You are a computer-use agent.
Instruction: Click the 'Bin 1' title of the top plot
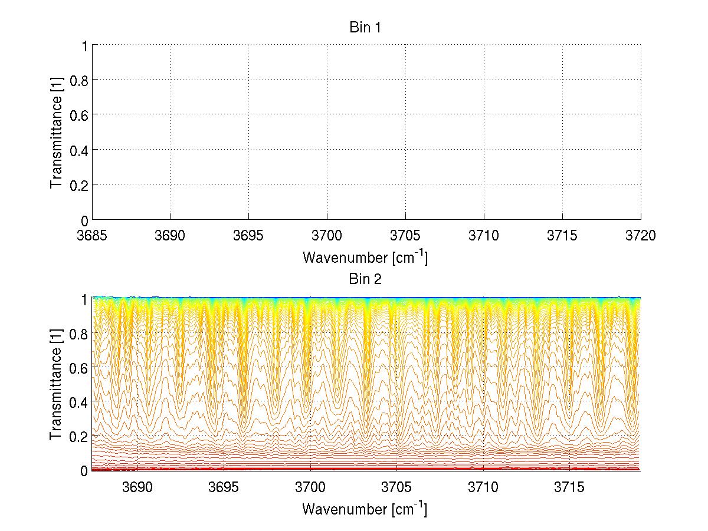tap(366, 28)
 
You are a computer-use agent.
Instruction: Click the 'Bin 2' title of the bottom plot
tap(366, 279)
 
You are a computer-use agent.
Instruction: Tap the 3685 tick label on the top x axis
tap(92, 236)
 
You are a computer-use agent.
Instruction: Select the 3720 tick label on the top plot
tap(641, 236)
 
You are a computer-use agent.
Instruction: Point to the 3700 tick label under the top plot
tap(327, 236)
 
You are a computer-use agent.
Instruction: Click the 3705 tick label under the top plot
tap(405, 236)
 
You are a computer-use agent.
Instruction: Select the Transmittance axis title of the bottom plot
tap(57, 384)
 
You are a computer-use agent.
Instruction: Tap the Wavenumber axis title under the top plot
tap(365, 258)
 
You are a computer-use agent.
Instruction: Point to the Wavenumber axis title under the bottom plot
tap(365, 509)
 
